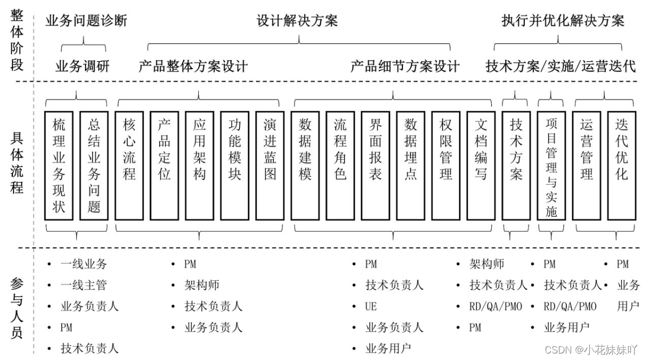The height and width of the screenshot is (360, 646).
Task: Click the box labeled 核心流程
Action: pos(130,166)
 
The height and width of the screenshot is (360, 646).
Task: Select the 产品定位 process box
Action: pos(165,166)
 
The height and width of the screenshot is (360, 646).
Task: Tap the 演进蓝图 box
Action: pos(270,166)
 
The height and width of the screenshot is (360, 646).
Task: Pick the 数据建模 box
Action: pos(305,166)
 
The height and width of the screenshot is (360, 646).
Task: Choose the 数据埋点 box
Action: pos(411,166)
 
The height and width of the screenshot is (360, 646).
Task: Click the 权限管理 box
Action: pos(446,166)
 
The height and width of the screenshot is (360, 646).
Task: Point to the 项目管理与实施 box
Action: pos(551,166)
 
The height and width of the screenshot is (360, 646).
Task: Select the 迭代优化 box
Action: pos(622,166)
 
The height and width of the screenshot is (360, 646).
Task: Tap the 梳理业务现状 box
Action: pos(59,166)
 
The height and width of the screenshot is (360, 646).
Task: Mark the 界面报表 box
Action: pos(376,166)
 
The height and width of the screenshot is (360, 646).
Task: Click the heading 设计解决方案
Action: pos(297,21)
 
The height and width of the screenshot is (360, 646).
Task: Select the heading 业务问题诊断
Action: pos(87,21)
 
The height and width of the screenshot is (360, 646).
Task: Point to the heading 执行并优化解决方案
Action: pos(563,21)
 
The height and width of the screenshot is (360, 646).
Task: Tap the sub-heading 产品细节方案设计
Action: pos(405,67)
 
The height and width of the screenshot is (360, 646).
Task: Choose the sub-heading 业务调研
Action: pos(83,67)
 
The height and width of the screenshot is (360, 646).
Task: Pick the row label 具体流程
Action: pos(17,162)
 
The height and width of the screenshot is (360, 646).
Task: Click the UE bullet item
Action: pos(371,306)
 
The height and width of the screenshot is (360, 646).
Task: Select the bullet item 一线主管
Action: pos(84,285)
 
